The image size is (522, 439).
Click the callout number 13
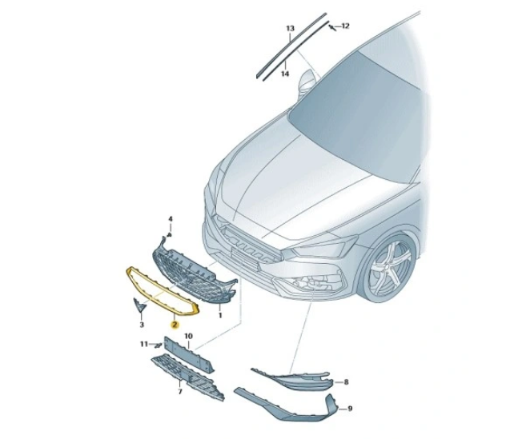click(x=291, y=28)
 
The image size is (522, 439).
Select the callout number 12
click(x=345, y=26)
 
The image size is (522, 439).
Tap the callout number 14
click(x=285, y=74)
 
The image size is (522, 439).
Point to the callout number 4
click(x=170, y=219)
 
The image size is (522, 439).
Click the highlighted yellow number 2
click(x=175, y=325)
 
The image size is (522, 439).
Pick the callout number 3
click(x=142, y=325)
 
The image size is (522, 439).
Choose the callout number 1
click(x=220, y=314)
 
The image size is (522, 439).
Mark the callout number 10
click(x=188, y=336)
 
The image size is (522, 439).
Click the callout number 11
click(x=144, y=344)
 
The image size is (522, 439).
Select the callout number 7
click(x=180, y=392)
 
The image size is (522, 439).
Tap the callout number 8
click(x=346, y=382)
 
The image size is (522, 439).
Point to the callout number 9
click(x=350, y=409)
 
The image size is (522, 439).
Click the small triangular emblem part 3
click(x=139, y=305)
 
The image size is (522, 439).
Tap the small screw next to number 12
click(x=332, y=27)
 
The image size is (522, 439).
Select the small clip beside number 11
click(x=157, y=345)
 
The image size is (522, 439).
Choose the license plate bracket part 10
click(x=188, y=354)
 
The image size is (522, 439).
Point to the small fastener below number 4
click(x=170, y=235)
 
